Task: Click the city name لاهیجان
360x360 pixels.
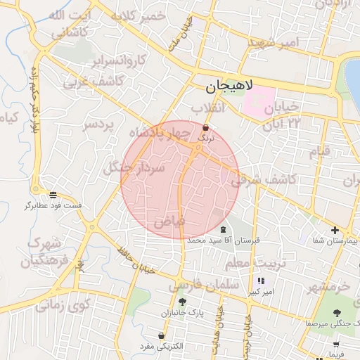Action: coord(227,88)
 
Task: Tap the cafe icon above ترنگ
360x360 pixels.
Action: coord(205,129)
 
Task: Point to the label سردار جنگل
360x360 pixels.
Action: coord(134,168)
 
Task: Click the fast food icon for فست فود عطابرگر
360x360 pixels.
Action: coord(53,195)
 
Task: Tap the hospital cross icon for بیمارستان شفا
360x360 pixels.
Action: coord(335,230)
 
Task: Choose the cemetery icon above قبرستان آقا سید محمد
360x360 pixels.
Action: coord(223,230)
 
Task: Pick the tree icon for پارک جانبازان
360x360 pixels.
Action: coord(182,302)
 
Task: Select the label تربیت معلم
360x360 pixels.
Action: coord(247,263)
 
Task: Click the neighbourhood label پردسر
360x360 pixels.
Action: coord(98,124)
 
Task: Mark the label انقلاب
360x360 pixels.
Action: coord(208,108)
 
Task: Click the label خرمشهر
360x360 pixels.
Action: coord(329,287)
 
